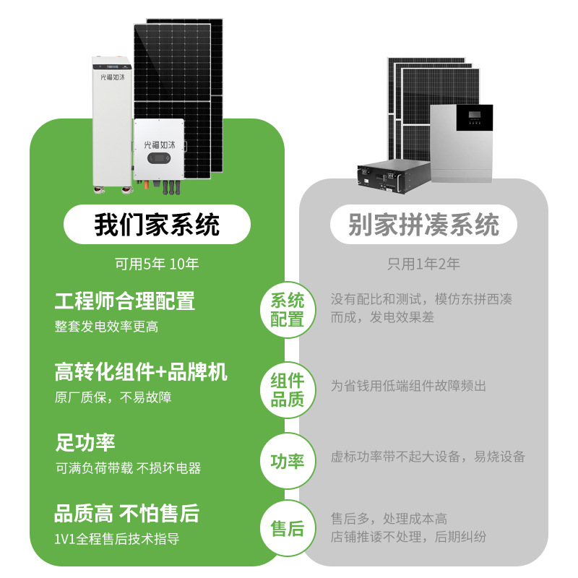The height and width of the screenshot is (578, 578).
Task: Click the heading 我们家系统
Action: coord(157,225)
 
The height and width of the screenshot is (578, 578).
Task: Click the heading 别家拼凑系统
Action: coord(423,225)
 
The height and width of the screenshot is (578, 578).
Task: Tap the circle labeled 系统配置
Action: coord(288,310)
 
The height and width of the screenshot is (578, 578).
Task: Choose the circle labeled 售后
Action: coord(288,528)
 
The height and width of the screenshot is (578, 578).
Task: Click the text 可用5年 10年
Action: coord(157,264)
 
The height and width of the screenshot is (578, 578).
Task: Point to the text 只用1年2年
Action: coord(423,264)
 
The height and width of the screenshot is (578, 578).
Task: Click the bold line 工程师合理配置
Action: coord(124,301)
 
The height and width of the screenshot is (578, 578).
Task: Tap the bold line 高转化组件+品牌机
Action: coord(141,372)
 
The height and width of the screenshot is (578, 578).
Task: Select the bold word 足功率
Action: coord(85,442)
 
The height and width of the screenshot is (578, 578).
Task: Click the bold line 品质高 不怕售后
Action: coord(126,514)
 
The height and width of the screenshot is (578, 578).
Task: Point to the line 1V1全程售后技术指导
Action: coord(116,539)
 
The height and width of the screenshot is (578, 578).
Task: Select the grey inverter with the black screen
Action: coord(461,142)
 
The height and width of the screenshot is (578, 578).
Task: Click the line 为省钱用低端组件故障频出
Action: coord(408,386)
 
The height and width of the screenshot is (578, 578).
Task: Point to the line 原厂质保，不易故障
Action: coord(113,397)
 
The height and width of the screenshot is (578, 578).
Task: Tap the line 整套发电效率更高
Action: coord(106,326)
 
